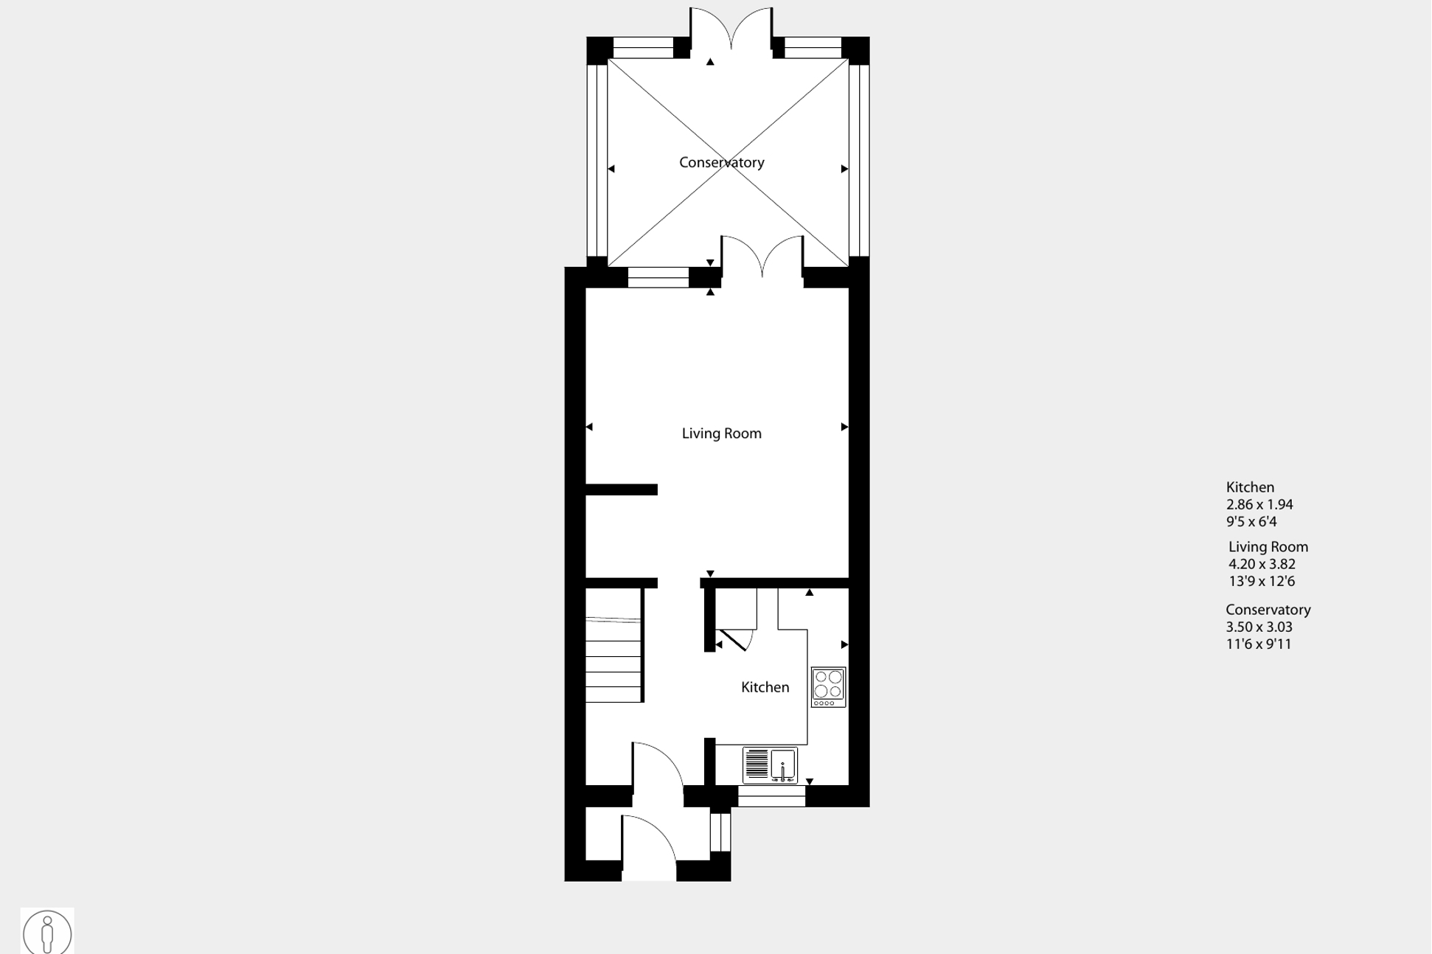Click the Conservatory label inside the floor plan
point(721,162)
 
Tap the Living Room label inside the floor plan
point(721,434)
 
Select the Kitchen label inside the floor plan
point(765,687)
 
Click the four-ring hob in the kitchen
point(828,686)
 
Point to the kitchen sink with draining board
point(770,765)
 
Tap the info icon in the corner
point(47,932)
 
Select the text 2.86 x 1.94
point(1259,505)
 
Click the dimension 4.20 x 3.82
point(1262,564)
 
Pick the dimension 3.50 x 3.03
point(1259,627)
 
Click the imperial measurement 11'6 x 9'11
point(1259,644)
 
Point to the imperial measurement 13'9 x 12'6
point(1262,581)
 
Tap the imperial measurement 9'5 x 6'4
point(1251,522)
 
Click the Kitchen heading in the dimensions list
point(1250,487)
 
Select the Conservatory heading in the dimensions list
point(1268,610)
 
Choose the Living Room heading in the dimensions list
point(1268,547)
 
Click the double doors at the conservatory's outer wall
point(731,29)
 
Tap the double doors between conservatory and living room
point(762,258)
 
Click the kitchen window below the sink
point(771,797)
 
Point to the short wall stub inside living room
point(622,490)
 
